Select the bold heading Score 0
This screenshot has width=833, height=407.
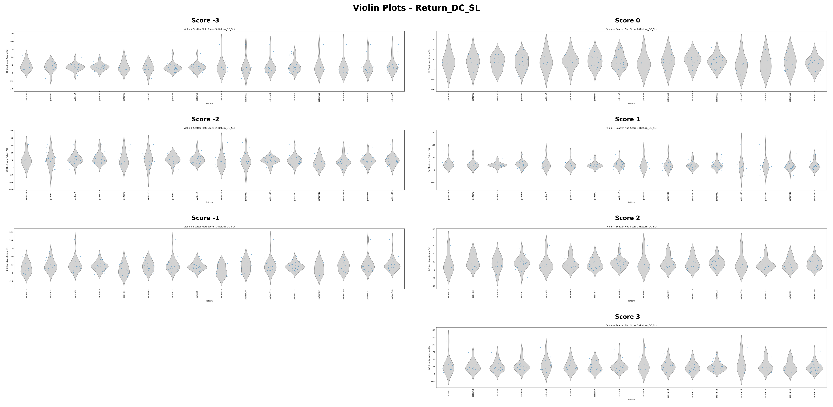(627, 20)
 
